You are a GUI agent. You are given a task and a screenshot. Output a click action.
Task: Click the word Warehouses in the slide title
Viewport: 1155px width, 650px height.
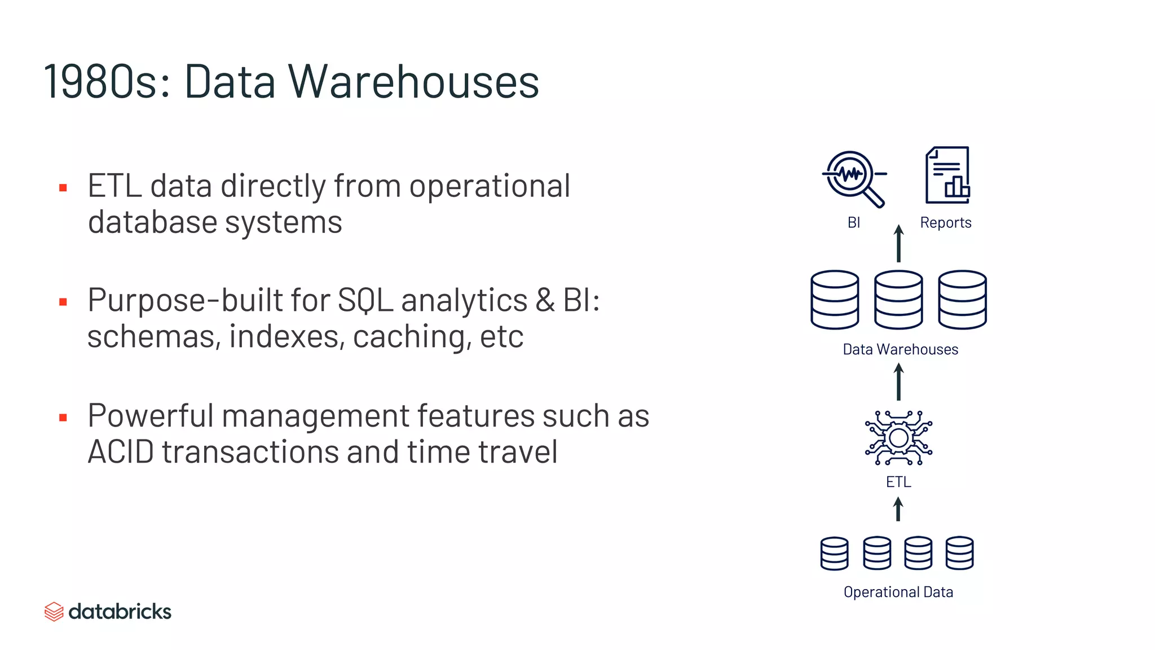[x=414, y=82]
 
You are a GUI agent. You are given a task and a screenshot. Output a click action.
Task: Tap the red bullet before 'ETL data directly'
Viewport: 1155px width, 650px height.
[x=63, y=188]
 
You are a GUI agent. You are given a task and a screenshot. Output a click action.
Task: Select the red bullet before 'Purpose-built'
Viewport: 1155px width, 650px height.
[x=63, y=302]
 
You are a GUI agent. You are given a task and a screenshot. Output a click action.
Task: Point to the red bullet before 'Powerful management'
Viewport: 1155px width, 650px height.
[x=63, y=418]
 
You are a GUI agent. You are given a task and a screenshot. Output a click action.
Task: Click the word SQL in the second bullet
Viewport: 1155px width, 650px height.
[x=365, y=300]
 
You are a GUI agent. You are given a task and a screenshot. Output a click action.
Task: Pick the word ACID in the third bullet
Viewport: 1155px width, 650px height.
[x=121, y=452]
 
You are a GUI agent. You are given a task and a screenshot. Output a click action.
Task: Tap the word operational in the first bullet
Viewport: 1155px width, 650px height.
[x=490, y=186]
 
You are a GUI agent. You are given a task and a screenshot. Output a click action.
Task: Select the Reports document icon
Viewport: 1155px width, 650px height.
[x=947, y=175]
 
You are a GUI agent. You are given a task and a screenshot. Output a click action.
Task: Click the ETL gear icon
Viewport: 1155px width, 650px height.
[x=898, y=438]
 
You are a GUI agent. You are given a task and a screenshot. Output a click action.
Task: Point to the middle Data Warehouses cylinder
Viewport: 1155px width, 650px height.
[x=898, y=299]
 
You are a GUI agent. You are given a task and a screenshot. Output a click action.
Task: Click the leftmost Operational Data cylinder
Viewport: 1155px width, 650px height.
[x=834, y=553]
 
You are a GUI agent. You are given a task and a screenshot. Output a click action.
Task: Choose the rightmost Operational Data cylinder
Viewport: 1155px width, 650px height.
[x=959, y=553]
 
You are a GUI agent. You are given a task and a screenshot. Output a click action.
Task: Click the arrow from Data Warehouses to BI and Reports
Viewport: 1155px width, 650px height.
[x=899, y=244]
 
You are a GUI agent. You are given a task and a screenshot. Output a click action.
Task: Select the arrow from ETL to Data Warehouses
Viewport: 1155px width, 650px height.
[x=899, y=382]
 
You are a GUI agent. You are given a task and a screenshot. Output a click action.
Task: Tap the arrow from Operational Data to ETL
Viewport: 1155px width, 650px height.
[x=898, y=509]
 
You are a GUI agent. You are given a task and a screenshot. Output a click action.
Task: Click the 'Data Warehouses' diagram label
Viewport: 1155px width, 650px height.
[x=900, y=350]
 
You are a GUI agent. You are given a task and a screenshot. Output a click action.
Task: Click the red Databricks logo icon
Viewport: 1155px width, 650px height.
[x=54, y=612]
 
